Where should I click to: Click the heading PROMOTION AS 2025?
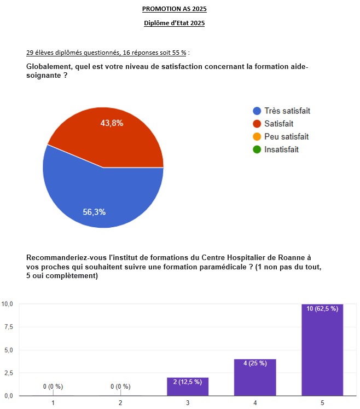tap(174, 9)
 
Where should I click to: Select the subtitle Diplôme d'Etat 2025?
tap(174, 23)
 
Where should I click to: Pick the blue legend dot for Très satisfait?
tap(256, 111)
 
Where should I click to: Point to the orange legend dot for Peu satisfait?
tap(256, 136)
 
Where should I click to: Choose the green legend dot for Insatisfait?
tap(256, 149)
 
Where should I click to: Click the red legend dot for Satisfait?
tap(256, 124)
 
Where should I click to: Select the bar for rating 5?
tap(322, 350)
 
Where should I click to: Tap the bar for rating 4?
tap(255, 378)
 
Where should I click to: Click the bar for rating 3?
tap(188, 387)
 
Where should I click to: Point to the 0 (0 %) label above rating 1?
tap(53, 387)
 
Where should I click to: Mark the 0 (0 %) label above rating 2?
tap(120, 387)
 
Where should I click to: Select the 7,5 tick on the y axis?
tap(8, 327)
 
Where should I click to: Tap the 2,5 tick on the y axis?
tap(8, 373)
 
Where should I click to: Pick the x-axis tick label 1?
tap(53, 403)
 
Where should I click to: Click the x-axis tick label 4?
tap(255, 403)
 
